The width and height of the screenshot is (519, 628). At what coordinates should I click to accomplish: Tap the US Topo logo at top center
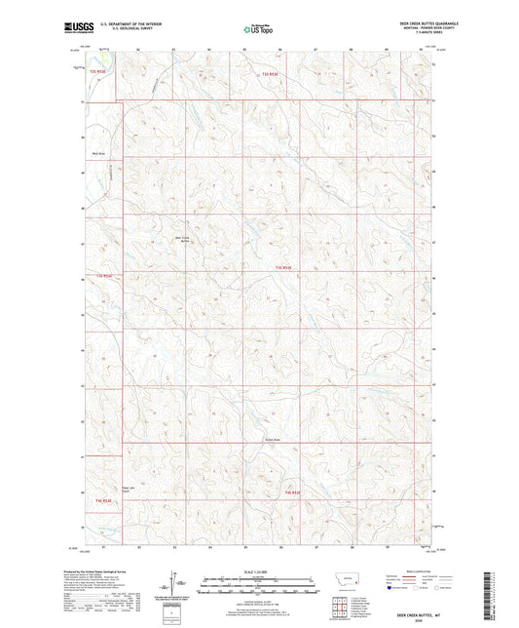point(258,30)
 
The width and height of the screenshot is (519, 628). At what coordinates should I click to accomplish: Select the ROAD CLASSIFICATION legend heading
point(417,572)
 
